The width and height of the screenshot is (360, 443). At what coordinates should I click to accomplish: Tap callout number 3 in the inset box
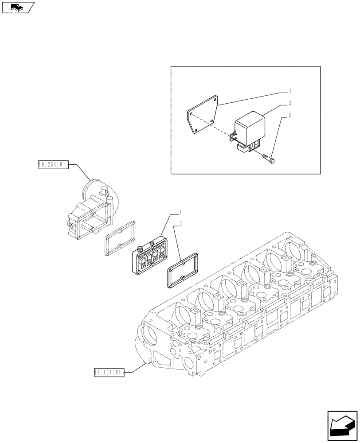tap(289, 103)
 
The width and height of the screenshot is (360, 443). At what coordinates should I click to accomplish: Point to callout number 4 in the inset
tap(289, 91)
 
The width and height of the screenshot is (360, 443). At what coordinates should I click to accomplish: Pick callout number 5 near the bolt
tap(289, 116)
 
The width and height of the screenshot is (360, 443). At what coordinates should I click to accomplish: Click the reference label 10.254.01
tap(52, 165)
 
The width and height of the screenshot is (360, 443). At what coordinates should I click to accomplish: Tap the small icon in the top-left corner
tap(18, 7)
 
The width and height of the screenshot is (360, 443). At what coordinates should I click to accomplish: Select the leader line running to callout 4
tap(253, 97)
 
